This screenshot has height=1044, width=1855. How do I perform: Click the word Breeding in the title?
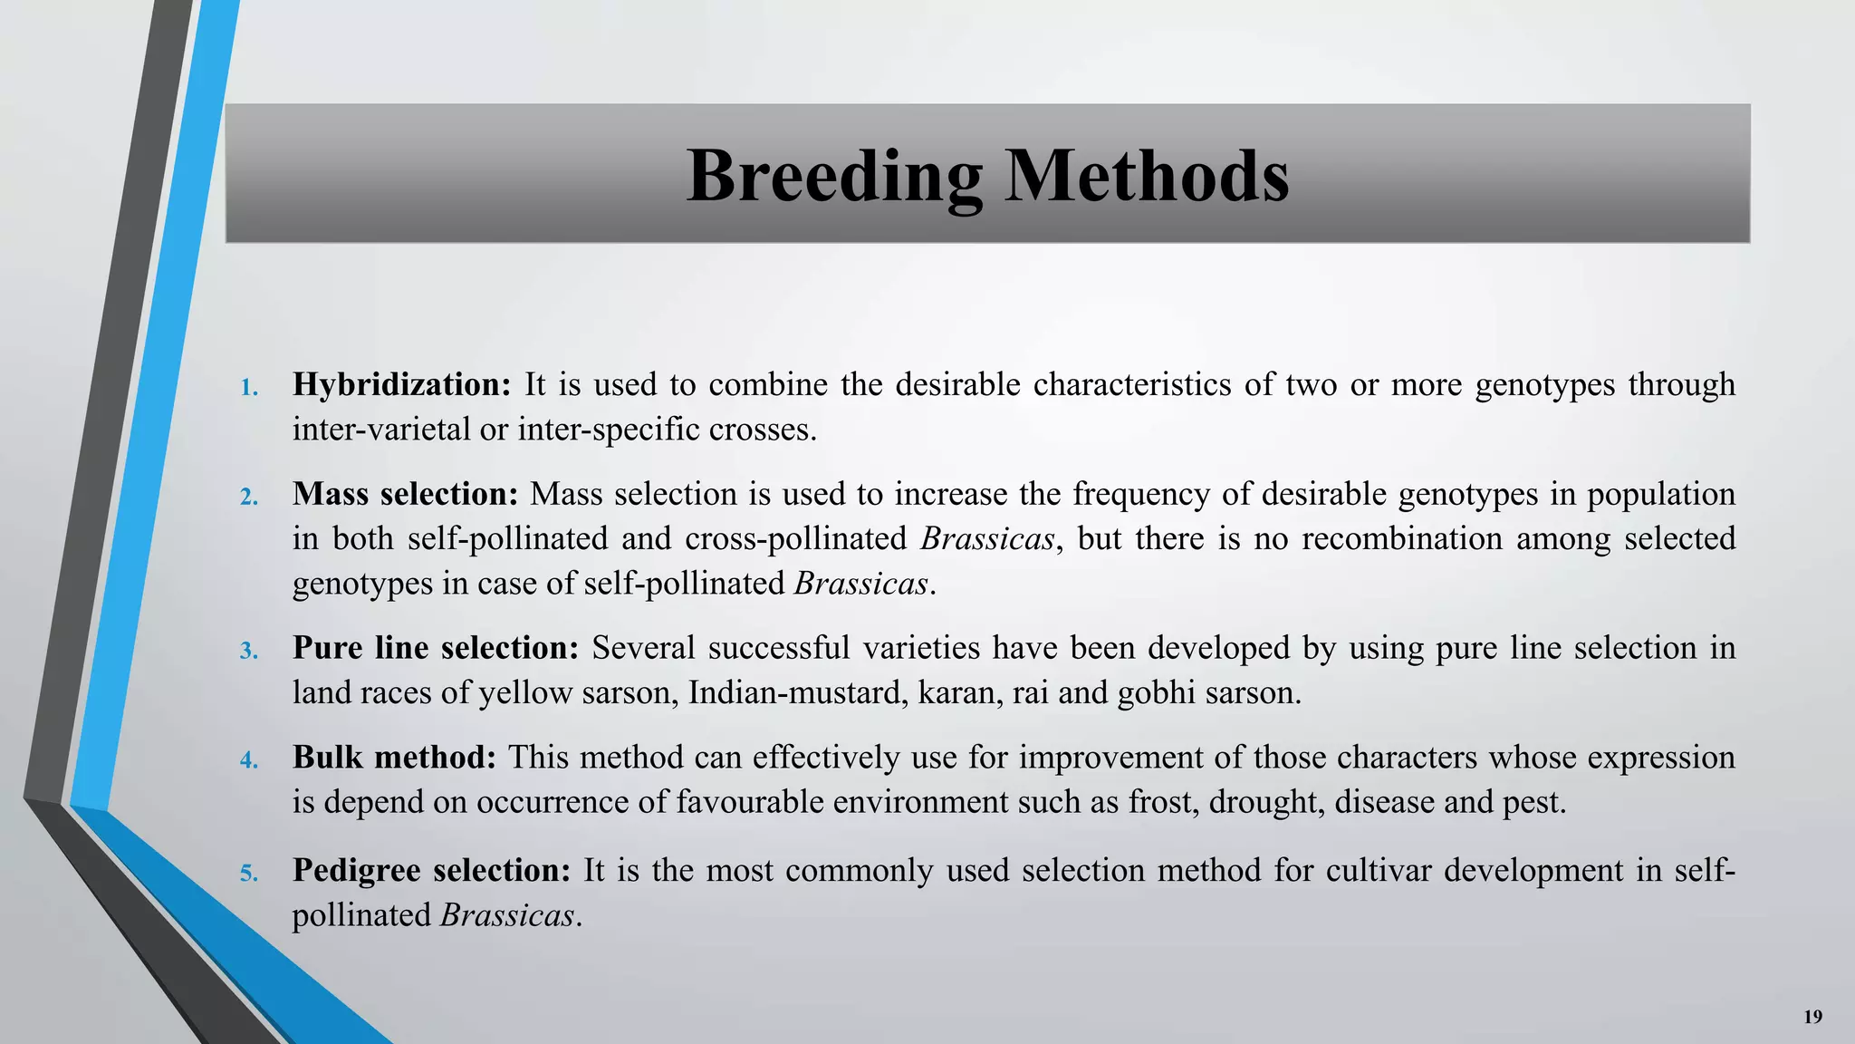(834, 177)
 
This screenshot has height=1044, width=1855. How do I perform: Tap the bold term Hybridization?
(402, 385)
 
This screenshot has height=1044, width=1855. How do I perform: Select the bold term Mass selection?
(405, 495)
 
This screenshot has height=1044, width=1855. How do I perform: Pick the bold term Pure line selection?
(436, 649)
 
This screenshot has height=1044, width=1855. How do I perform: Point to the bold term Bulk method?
(394, 758)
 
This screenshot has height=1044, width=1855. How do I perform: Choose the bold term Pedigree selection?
(431, 871)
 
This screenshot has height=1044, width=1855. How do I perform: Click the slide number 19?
(1812, 1017)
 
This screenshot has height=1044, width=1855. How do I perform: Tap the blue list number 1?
(249, 389)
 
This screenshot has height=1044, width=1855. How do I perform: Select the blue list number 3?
(249, 652)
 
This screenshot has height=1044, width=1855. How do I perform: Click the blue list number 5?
(249, 875)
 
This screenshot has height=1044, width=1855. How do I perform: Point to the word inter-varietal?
(380, 430)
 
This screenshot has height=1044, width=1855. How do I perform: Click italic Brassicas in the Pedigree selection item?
(507, 915)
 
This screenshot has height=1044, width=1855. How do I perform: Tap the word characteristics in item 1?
(1131, 385)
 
